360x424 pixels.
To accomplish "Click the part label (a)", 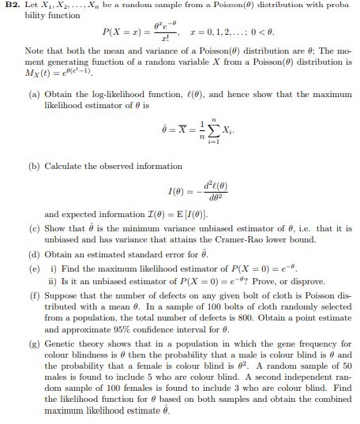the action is (35, 95).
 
